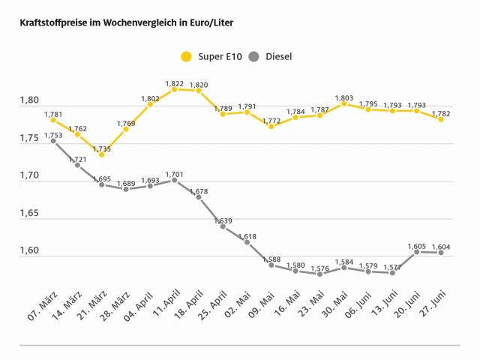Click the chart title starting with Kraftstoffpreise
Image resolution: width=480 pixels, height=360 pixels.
pyautogui.click(x=126, y=23)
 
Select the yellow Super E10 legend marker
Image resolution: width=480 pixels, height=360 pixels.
pyautogui.click(x=186, y=56)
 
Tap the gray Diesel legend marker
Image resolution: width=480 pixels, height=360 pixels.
pyautogui.click(x=253, y=56)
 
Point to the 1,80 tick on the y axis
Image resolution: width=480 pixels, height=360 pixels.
pyautogui.click(x=29, y=100)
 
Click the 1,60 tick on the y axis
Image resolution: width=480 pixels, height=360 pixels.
pyautogui.click(x=29, y=250)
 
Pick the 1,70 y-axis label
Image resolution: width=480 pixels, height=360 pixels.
pyautogui.click(x=29, y=175)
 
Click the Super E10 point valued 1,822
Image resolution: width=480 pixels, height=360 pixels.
pyautogui.click(x=174, y=89)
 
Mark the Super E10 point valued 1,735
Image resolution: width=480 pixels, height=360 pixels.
pyautogui.click(x=101, y=154)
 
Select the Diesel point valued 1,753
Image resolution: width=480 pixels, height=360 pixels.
pyautogui.click(x=53, y=141)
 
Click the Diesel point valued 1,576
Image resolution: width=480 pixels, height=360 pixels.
pyautogui.click(x=319, y=274)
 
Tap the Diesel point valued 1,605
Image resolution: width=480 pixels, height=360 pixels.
pyautogui.click(x=416, y=252)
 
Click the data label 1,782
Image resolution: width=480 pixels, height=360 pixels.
pyautogui.click(x=441, y=113)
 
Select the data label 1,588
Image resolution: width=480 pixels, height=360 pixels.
pyautogui.click(x=271, y=259)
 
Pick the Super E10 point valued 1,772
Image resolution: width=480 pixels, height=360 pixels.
pyautogui.click(x=271, y=126)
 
